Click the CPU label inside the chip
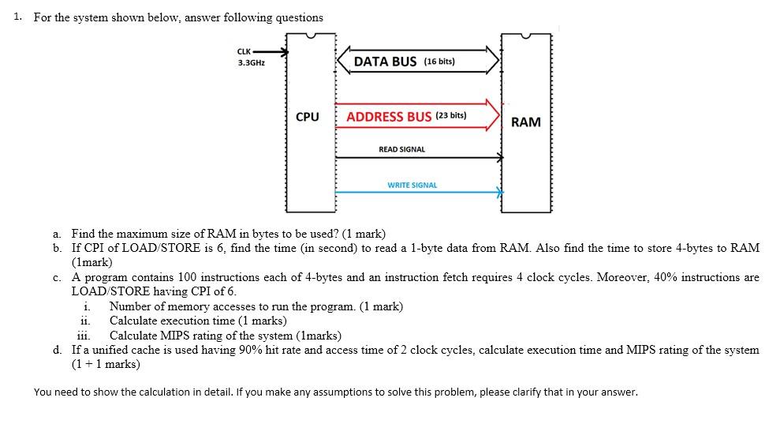[x=308, y=117]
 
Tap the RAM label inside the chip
[x=526, y=122]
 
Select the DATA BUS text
[x=385, y=62]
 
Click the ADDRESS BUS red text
[x=389, y=116]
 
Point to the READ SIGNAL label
[x=401, y=149]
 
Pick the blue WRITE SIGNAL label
[x=412, y=185]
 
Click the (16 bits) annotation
[x=439, y=62]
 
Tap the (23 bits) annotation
[x=450, y=115]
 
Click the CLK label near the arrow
[x=244, y=52]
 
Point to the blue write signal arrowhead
[x=498, y=190]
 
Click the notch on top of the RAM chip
[x=526, y=36]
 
